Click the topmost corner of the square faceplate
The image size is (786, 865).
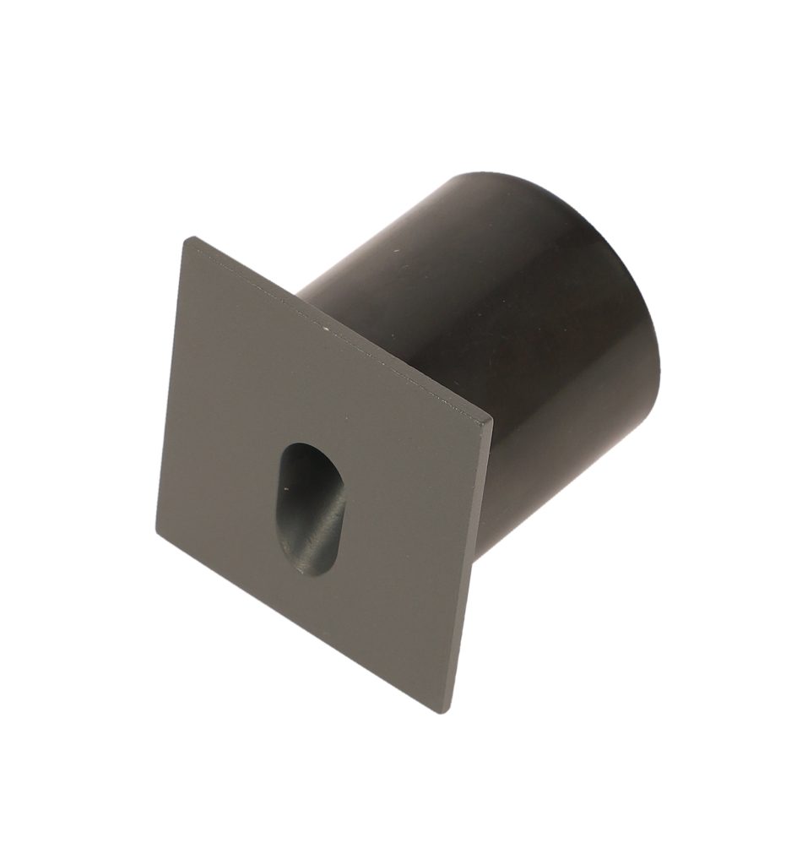[187, 239]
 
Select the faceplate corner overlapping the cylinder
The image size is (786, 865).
[491, 420]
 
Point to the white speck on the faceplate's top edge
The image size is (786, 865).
[323, 324]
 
